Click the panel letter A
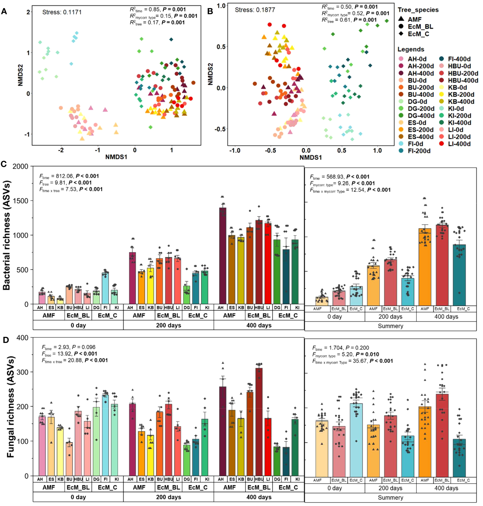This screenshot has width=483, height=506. tap(4, 11)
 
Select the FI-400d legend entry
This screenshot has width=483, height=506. tap(459, 59)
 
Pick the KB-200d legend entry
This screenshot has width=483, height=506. tap(461, 94)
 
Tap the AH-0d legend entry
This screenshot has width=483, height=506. tap(417, 59)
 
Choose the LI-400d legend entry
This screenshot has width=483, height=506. tap(459, 144)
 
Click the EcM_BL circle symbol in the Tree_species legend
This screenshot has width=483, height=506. tap(401, 27)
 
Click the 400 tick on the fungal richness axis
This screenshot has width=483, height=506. tap(22, 338)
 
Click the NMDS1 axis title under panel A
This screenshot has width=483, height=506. tap(116, 157)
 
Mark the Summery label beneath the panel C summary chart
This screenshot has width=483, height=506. tap(390, 326)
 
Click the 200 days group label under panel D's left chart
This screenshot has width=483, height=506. tap(168, 497)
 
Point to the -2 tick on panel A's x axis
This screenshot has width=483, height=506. tap(61, 150)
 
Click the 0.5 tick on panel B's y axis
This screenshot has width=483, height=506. tap(221, 47)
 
